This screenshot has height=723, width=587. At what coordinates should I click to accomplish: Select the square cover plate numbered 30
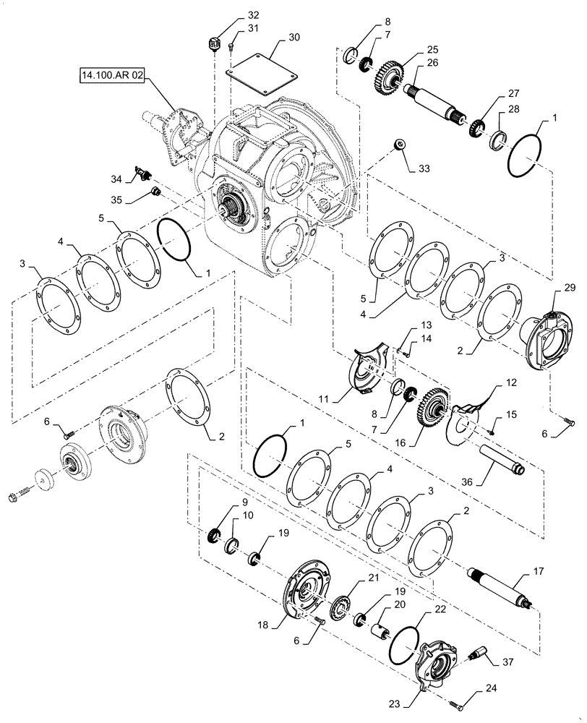pos(261,71)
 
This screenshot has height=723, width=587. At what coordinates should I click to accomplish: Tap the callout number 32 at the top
pos(232,14)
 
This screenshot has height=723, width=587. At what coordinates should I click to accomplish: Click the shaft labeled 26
pos(434,99)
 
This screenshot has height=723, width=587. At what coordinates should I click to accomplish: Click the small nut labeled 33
pos(399,145)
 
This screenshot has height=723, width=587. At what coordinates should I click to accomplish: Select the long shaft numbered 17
pos(503,585)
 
